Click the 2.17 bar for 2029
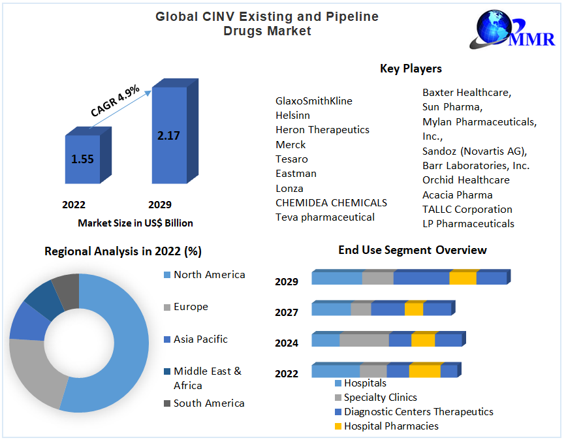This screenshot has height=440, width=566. [168, 136]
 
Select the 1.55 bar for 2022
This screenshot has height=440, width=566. [82, 159]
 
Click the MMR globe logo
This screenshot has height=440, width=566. [497, 28]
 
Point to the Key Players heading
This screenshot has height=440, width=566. [411, 69]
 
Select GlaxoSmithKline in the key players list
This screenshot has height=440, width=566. [313, 101]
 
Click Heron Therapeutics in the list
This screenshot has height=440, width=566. [322, 130]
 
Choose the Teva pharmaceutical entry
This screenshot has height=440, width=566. [324, 217]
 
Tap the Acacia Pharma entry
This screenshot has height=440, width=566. [457, 195]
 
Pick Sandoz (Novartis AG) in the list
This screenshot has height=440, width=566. [474, 151]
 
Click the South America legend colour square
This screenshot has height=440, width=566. [167, 403]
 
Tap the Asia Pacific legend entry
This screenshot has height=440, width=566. [200, 339]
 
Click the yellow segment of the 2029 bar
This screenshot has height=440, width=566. [463, 278]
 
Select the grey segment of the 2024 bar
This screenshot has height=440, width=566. [364, 340]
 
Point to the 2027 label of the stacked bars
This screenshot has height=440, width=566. [287, 312]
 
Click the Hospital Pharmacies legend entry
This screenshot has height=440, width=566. [391, 426]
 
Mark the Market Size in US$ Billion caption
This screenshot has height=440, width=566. [135, 223]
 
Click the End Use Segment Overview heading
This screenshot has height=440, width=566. [412, 250]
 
